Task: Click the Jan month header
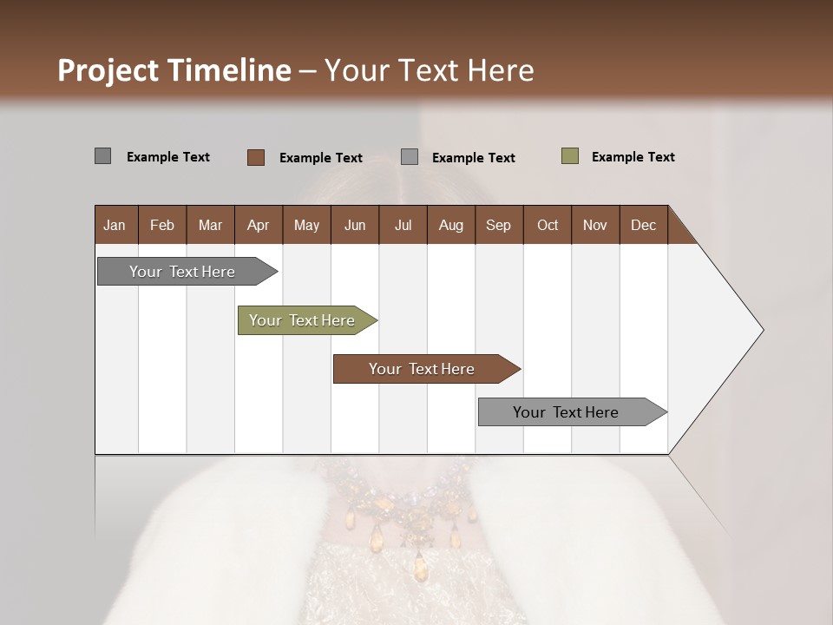(x=115, y=225)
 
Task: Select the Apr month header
(x=259, y=225)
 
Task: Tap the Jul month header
(x=403, y=225)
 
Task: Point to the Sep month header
(x=499, y=225)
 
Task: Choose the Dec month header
(x=643, y=225)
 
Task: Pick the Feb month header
(x=162, y=225)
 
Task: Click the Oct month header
(x=548, y=225)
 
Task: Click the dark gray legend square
(x=102, y=156)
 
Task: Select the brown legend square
(x=255, y=157)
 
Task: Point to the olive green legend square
(x=569, y=156)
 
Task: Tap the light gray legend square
(x=410, y=157)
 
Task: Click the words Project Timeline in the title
(x=174, y=70)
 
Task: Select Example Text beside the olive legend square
(x=633, y=157)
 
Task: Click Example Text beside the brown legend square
(x=320, y=158)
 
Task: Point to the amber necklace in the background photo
(x=408, y=521)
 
